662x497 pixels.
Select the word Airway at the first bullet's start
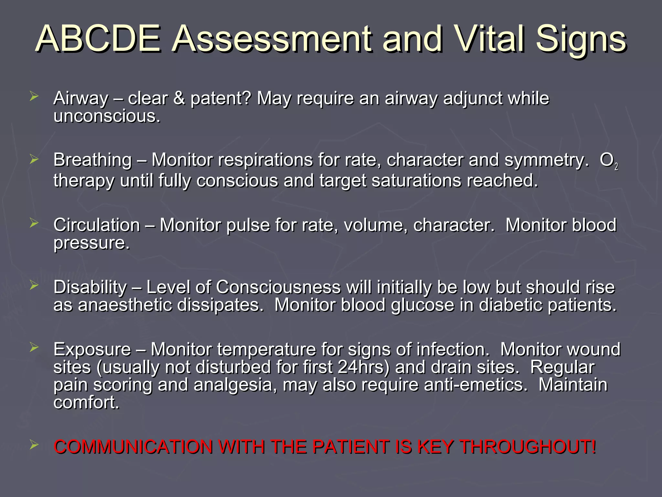tap(81, 98)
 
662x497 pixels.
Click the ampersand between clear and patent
tap(179, 98)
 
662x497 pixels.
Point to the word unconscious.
tap(107, 116)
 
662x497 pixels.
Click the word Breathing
tap(93, 160)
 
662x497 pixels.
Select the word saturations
tap(416, 181)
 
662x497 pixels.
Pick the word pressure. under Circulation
tap(91, 243)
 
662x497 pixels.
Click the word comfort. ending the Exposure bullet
tap(87, 403)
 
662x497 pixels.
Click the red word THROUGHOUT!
tap(528, 447)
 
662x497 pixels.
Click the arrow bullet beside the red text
tap(34, 446)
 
